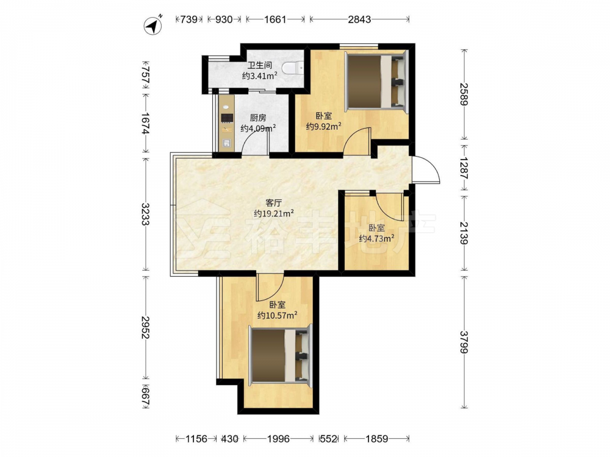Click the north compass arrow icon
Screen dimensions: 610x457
click(153, 26)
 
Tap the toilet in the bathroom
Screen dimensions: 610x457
click(293, 68)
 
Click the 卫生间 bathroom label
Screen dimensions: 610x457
click(259, 65)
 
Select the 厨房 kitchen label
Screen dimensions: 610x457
click(257, 118)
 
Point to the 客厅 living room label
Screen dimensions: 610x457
click(273, 203)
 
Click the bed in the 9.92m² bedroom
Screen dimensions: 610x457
click(376, 82)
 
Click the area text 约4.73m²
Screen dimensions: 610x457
click(376, 239)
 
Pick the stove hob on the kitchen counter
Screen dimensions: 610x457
click(226, 118)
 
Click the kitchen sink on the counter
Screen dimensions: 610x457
click(226, 143)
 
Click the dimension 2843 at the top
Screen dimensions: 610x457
click(359, 19)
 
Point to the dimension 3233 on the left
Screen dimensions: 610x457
click(146, 214)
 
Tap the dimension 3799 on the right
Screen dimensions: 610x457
click(464, 342)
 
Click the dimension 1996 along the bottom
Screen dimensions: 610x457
click(279, 439)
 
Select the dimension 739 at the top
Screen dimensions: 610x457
click(189, 19)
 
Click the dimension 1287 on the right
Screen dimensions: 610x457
click(464, 168)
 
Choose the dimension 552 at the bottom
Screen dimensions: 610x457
click(328, 439)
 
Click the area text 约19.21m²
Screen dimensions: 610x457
click(273, 213)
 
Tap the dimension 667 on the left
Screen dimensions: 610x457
click(146, 396)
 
